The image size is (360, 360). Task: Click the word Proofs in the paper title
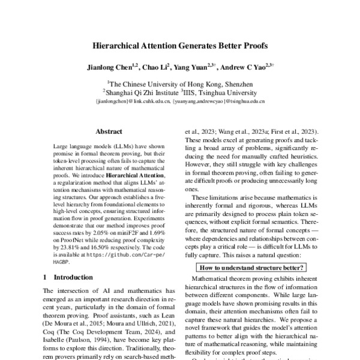tap(251, 45)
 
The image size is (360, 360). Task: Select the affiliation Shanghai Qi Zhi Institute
tap(141, 92)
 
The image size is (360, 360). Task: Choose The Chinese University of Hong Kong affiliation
tap(181, 83)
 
